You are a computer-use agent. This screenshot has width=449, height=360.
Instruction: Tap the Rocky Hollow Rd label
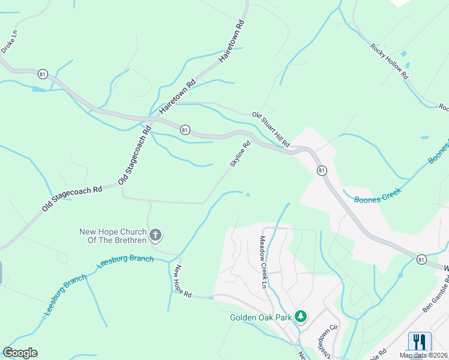pos(389,61)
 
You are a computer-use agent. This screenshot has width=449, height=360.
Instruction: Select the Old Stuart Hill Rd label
pos(271,130)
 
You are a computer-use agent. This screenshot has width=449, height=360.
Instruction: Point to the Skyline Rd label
pos(240,154)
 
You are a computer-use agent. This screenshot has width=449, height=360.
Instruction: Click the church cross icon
pos(155,235)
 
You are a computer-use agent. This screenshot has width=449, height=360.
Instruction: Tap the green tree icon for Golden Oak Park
pos(301,316)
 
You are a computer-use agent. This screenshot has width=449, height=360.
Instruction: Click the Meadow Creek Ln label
pos(262,262)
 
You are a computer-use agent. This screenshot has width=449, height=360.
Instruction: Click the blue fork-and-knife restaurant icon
pos(420,342)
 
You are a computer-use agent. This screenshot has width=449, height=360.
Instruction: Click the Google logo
pos(20,353)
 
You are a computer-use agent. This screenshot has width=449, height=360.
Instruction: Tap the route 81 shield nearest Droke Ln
pos(42,74)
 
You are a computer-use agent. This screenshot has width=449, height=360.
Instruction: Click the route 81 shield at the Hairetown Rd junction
pos(185,130)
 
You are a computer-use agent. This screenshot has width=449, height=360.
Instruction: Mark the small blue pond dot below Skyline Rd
pos(248,194)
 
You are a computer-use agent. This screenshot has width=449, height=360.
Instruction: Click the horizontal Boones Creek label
pos(377,199)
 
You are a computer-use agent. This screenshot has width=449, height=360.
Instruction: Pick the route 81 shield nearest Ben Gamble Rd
pos(421,259)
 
